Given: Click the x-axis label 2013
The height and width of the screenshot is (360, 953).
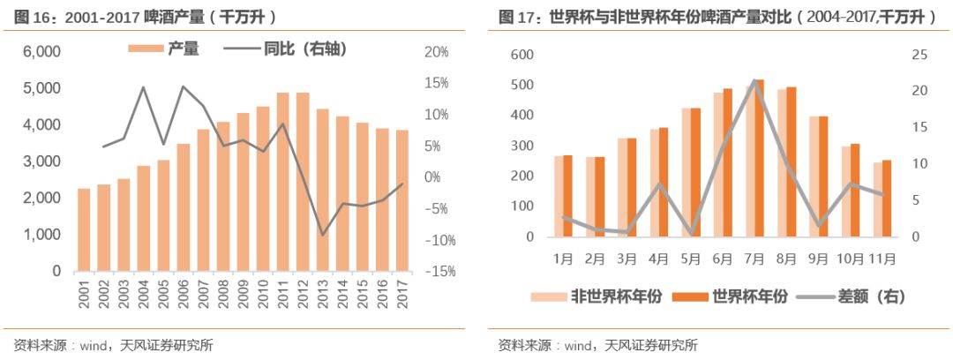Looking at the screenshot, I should tap(323, 292).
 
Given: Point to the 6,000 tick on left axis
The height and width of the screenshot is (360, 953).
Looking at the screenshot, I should tap(41, 52).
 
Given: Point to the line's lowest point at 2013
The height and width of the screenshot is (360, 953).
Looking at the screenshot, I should tap(323, 236).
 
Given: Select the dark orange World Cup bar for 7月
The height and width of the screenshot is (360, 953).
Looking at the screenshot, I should tap(759, 158).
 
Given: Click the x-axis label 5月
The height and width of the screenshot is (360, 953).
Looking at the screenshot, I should tap(691, 259).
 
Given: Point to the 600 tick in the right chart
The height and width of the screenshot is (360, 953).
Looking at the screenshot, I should tap(524, 55).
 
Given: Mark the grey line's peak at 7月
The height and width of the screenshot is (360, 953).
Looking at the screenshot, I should tap(755, 81).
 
